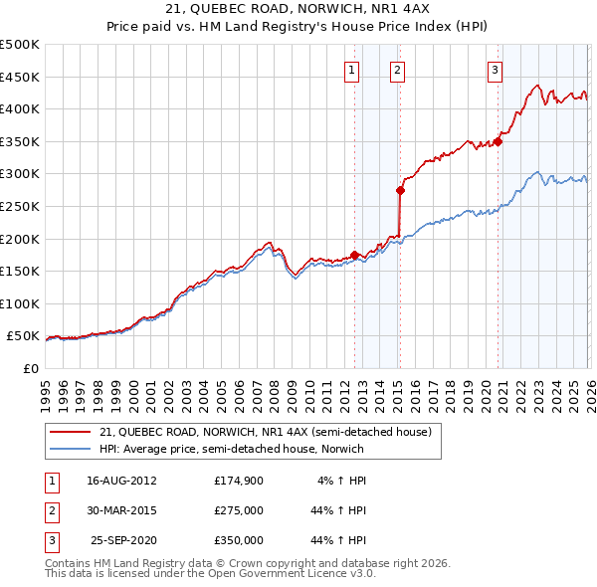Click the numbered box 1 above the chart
point(353,70)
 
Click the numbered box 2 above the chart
point(397,70)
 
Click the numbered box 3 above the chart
point(495,70)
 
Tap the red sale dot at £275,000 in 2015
point(400,190)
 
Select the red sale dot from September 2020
point(497,141)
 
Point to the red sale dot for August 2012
point(354,255)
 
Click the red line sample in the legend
point(71,432)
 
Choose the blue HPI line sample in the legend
point(71,449)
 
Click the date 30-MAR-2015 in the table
point(121,510)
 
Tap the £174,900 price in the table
point(239,481)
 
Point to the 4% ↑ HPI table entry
point(342,481)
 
